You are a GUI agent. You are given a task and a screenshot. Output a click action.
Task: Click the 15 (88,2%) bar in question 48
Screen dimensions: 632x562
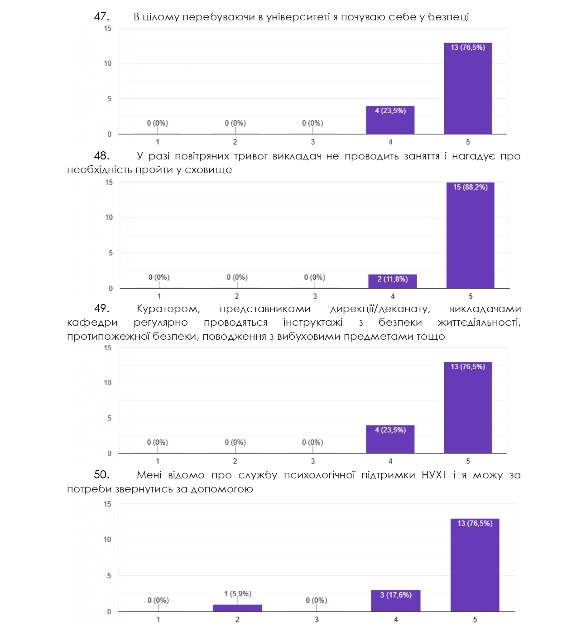pyautogui.click(x=470, y=236)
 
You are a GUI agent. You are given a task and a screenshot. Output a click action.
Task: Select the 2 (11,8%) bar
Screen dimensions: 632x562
pyautogui.click(x=392, y=281)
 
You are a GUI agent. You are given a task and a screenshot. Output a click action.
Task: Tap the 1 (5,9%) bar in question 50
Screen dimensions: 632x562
pyautogui.click(x=237, y=608)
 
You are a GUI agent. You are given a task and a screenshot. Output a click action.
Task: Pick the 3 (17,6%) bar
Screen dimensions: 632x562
pyautogui.click(x=395, y=601)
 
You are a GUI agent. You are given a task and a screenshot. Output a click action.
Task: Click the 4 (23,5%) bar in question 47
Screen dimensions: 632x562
pyautogui.click(x=390, y=120)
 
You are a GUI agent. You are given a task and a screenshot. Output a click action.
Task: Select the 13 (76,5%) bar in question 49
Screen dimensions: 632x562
pyautogui.click(x=467, y=408)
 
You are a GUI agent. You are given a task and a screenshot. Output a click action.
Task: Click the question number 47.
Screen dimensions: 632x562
pyautogui.click(x=101, y=17)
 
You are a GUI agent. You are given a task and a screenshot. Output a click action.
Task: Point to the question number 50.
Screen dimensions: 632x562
pyautogui.click(x=101, y=474)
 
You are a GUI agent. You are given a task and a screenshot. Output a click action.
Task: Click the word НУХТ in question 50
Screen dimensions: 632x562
pyautogui.click(x=433, y=475)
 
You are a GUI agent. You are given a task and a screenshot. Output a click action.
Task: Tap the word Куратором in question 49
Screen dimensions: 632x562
pyautogui.click(x=168, y=309)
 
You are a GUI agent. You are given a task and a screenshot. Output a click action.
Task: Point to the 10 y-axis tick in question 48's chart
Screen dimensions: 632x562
pyautogui.click(x=109, y=217)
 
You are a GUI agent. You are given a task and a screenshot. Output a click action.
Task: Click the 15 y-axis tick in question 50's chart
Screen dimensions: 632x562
pyautogui.click(x=107, y=504)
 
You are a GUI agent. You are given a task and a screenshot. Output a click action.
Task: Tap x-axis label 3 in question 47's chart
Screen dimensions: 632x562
pyautogui.click(x=312, y=142)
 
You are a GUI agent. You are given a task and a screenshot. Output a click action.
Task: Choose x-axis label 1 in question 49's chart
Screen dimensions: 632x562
pyautogui.click(x=158, y=461)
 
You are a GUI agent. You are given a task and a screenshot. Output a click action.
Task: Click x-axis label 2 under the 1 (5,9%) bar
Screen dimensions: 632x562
pyautogui.click(x=237, y=619)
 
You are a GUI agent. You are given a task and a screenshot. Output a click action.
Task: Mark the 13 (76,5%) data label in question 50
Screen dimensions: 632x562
pyautogui.click(x=475, y=523)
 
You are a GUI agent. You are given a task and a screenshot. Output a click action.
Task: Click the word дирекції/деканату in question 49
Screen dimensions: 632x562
pyautogui.click(x=379, y=309)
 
